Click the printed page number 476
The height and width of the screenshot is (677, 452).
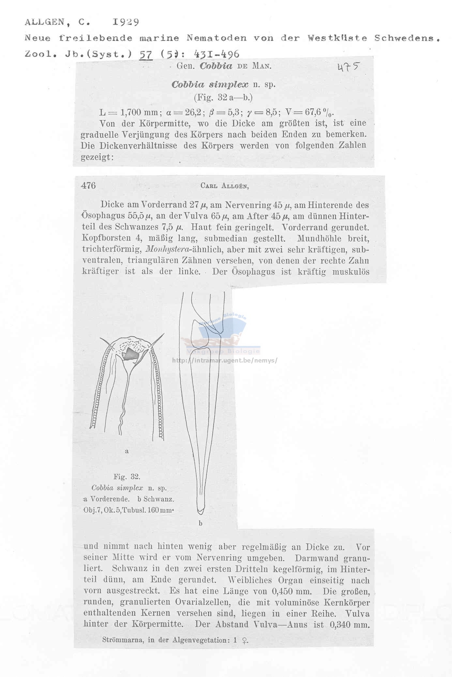tap(88, 185)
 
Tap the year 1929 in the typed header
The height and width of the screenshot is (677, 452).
tap(126, 22)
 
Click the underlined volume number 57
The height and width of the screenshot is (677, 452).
tap(145, 54)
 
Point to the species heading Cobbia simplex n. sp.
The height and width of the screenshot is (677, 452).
tap(223, 85)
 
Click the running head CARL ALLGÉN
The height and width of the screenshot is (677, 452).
tap(225, 186)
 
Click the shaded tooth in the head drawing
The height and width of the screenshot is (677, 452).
tap(131, 354)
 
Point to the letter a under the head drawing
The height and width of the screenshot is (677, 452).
tap(127, 451)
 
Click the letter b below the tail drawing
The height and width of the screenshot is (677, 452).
tap(200, 523)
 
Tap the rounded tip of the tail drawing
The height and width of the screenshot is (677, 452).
tap(201, 510)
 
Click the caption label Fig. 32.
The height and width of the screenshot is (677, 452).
tap(127, 476)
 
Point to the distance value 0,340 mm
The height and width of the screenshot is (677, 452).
tap(350, 624)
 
